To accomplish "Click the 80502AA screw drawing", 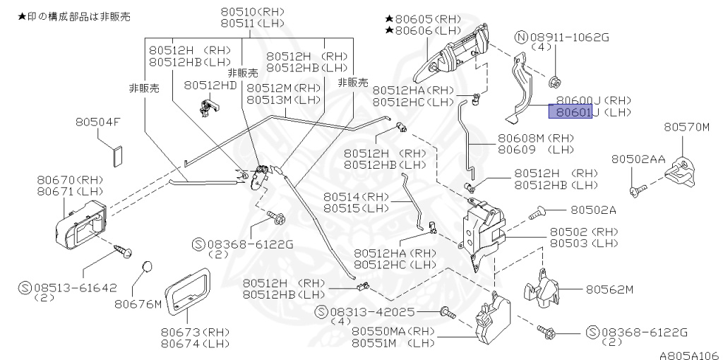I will tap(636, 189).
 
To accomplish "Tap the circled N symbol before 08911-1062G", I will tap(521, 37).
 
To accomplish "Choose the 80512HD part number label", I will tap(210, 85).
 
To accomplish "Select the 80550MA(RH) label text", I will tap(393, 330).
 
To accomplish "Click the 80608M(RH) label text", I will tap(536, 138).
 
